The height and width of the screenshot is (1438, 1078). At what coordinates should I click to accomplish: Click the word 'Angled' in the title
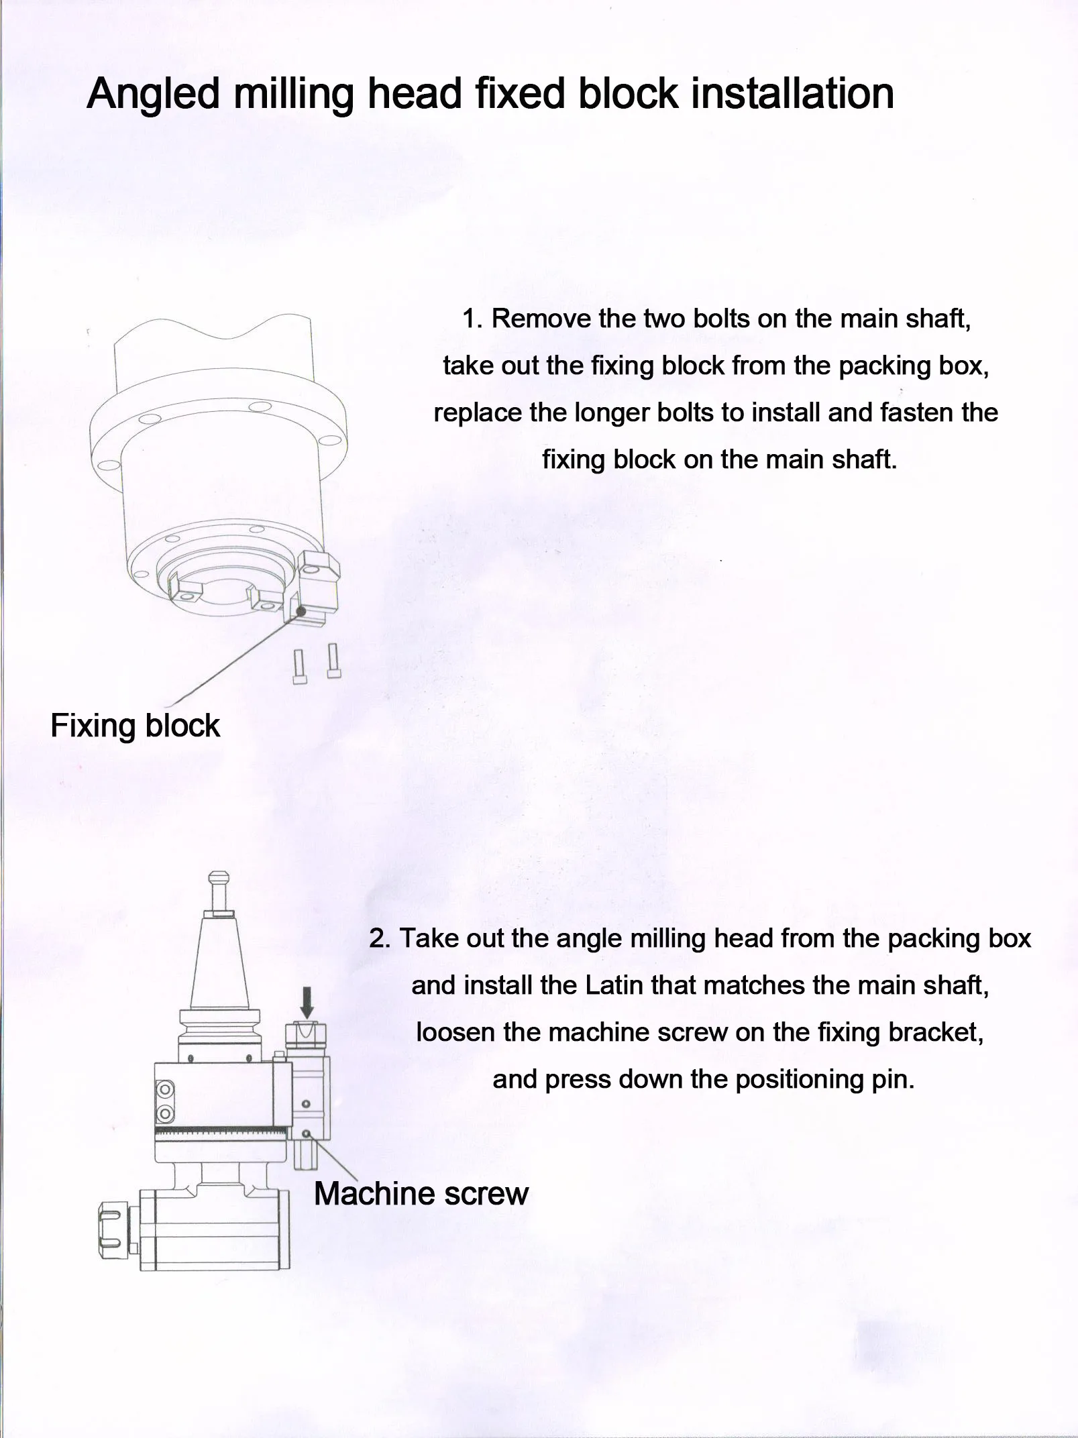point(153,94)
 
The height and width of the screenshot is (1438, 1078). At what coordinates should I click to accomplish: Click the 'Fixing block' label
point(135,726)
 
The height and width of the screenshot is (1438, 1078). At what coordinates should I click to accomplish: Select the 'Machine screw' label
point(421,1193)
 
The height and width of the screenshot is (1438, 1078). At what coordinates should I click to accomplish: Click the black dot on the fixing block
point(301,611)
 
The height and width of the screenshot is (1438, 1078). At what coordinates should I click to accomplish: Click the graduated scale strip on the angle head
point(222,1132)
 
